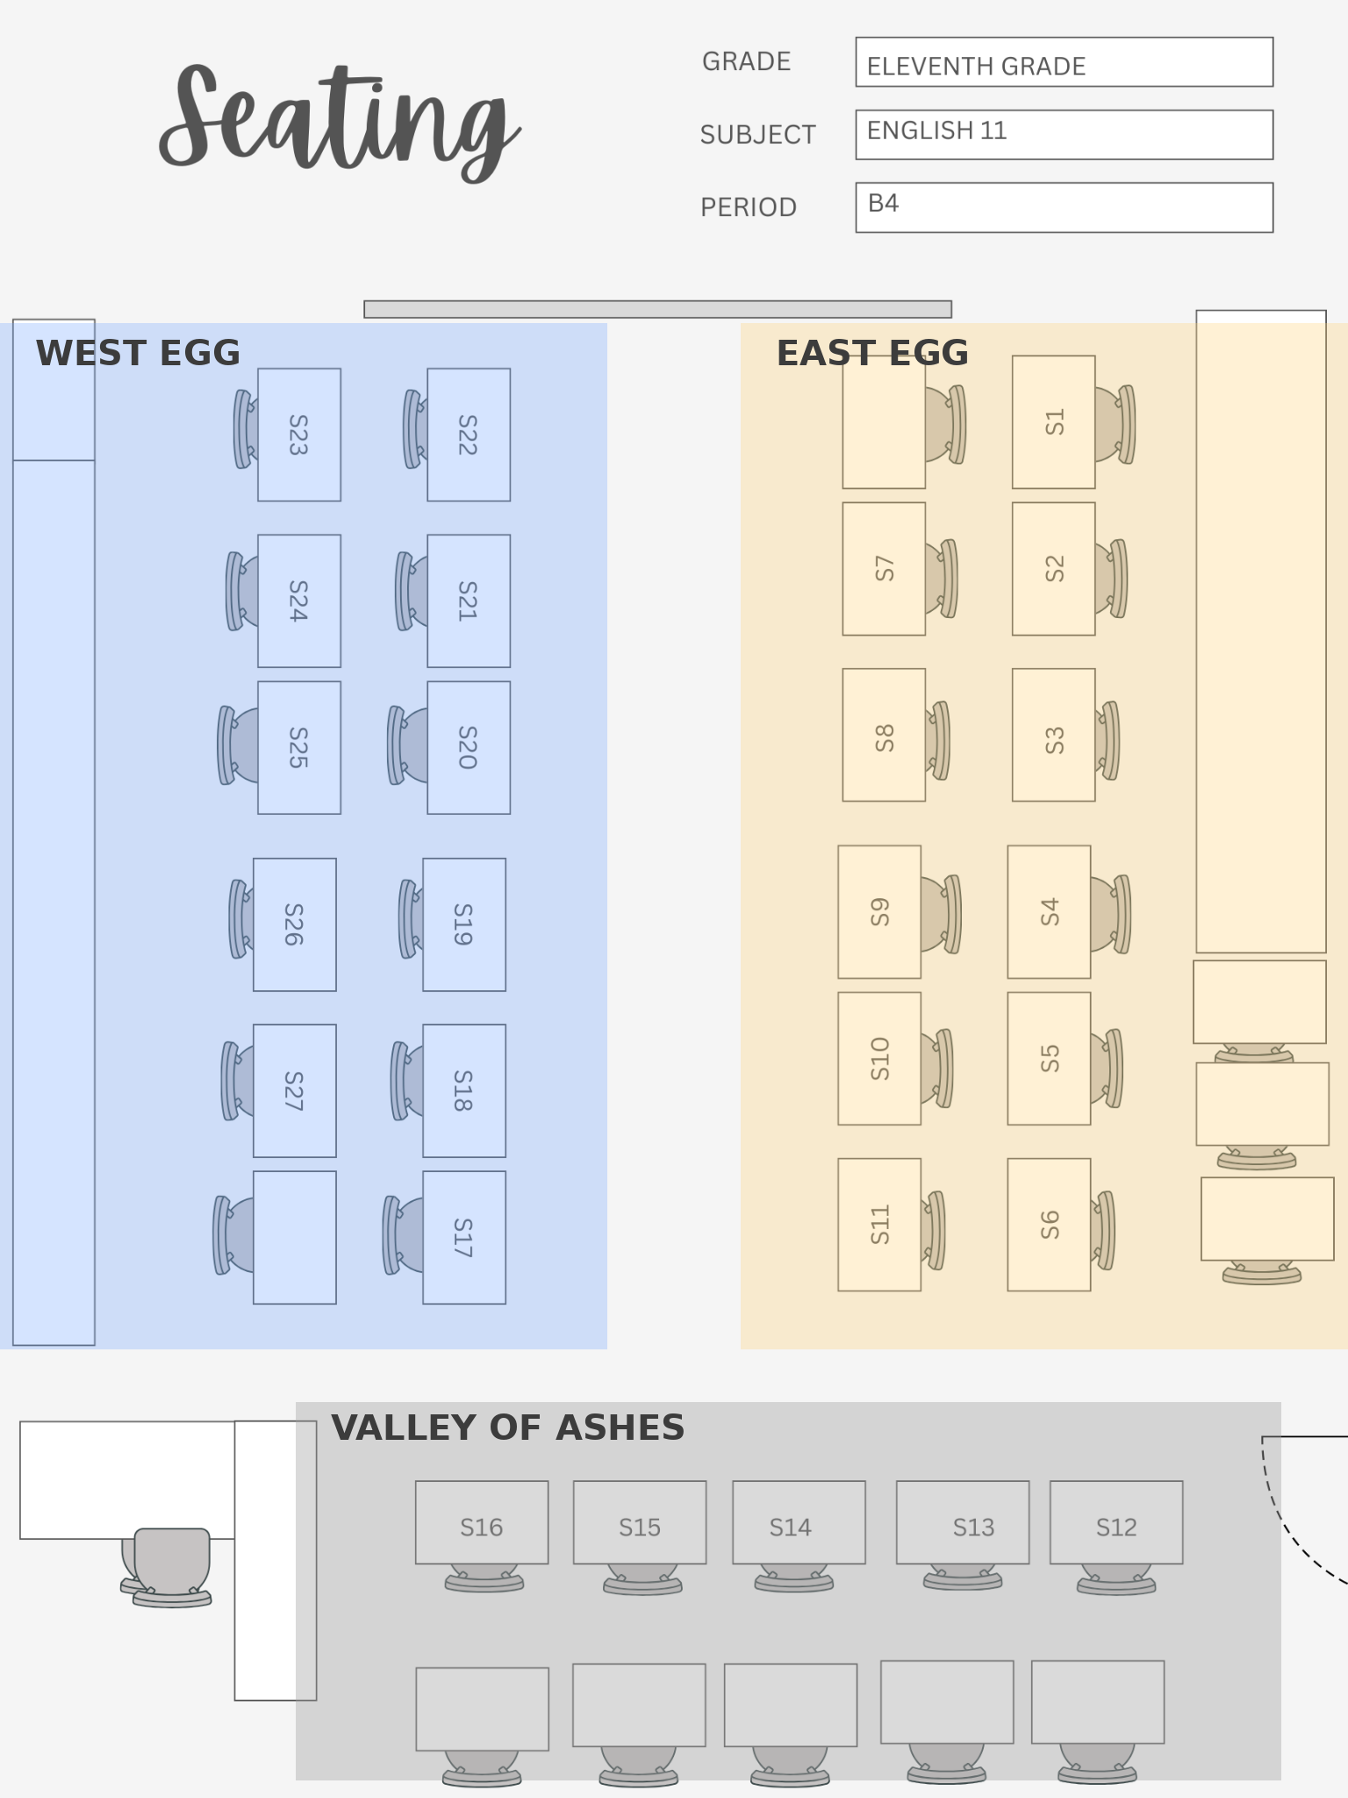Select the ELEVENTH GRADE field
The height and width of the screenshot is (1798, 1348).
tap(1064, 62)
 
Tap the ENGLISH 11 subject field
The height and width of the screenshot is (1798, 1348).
tap(1064, 135)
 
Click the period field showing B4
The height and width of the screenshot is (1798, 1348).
tap(1064, 208)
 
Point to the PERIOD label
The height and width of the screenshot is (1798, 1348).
tap(748, 208)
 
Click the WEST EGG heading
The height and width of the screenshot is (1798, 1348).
tap(138, 354)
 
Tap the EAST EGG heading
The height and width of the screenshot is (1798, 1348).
tap(872, 354)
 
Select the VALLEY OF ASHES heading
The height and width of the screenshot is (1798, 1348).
tap(507, 1428)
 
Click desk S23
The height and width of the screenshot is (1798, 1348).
tap(298, 435)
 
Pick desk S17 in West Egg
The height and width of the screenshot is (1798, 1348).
tap(463, 1238)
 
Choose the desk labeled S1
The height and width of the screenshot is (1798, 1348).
tap(1053, 422)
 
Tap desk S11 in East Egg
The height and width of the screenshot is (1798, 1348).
tap(879, 1225)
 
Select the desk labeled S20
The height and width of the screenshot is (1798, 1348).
tap(469, 748)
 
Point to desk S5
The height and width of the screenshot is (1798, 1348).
tap(1049, 1059)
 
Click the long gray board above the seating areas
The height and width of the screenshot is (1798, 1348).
tap(657, 310)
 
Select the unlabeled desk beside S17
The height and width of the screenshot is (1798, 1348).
tap(295, 1238)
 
